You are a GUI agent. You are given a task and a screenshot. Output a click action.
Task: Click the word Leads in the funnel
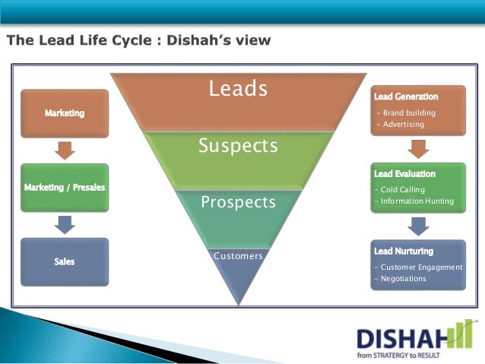coord(238,90)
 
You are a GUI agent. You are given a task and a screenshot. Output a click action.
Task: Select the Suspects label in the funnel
coord(238,145)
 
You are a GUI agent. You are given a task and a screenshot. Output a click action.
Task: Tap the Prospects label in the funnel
coord(238,203)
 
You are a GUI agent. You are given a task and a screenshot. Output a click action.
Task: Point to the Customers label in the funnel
coord(238,256)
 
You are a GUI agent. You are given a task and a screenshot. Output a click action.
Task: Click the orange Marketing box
coord(65,113)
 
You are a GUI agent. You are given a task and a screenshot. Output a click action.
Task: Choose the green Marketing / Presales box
coord(65,187)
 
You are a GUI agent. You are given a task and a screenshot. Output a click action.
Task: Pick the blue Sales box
coord(65,261)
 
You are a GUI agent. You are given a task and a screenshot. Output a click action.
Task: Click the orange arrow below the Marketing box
coord(65,150)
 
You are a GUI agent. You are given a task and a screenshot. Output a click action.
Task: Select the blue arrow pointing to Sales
coord(65,223)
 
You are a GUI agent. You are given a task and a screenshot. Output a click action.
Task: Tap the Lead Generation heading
coord(406,97)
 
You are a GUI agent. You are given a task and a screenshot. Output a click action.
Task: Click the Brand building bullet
coord(409,113)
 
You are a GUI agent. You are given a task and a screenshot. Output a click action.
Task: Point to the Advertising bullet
coord(404,125)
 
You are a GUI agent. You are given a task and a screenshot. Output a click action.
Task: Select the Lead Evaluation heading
coord(405,174)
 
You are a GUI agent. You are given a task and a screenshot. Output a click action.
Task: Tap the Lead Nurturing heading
coord(404,251)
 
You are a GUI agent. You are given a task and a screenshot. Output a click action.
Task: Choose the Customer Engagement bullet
coord(421,267)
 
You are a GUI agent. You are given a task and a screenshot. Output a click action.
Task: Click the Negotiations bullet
coord(403,279)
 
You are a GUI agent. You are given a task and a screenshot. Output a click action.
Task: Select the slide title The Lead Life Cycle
coord(138,40)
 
